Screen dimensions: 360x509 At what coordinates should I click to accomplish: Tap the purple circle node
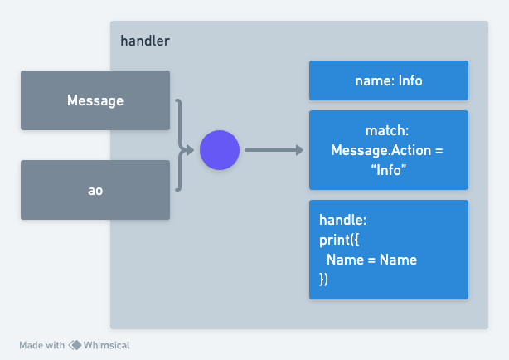click(x=220, y=150)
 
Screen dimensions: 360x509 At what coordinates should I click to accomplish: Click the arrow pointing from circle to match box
click(x=274, y=150)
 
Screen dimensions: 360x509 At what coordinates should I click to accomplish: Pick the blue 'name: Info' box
click(x=388, y=81)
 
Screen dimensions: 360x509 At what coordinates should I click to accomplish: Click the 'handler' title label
click(x=145, y=40)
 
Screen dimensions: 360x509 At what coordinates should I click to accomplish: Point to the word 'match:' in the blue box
click(x=388, y=132)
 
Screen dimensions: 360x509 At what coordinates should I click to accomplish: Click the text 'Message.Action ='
click(x=388, y=150)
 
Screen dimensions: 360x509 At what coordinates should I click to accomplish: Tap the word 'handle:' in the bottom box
click(x=342, y=221)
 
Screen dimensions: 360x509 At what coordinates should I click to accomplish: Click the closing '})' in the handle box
click(x=324, y=279)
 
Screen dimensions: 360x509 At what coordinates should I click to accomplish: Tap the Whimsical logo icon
click(x=75, y=345)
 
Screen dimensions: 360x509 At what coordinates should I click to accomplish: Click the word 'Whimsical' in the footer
click(x=106, y=345)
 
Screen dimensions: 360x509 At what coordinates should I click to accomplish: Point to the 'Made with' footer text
click(x=41, y=345)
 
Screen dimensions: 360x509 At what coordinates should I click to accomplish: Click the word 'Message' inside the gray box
click(x=95, y=100)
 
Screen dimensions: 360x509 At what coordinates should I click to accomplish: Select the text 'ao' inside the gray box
click(x=95, y=190)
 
